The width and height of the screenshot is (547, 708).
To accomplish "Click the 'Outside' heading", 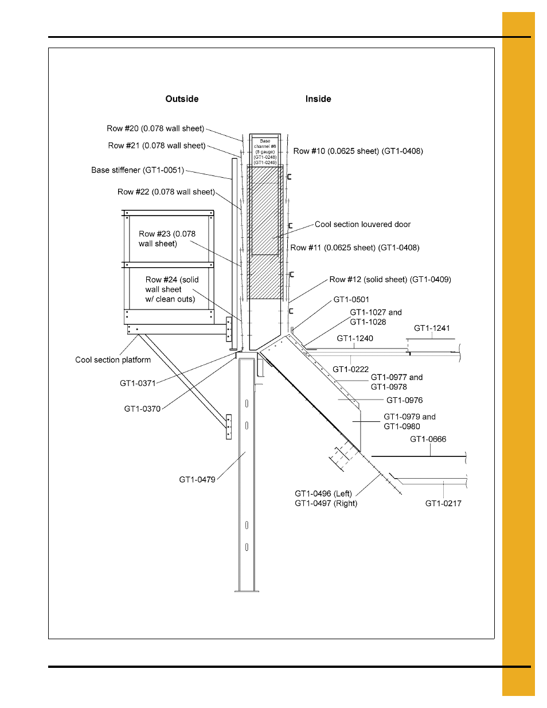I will [x=182, y=99].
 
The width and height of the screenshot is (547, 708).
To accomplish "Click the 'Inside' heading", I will [x=318, y=99].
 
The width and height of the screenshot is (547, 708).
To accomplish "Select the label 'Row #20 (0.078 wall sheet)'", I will [x=155, y=129].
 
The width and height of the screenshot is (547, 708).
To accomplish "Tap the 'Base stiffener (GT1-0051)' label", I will [x=138, y=170].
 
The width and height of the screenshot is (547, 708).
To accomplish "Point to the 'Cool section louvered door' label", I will [x=362, y=225].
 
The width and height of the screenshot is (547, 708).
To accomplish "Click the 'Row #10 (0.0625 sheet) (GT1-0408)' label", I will [x=358, y=151].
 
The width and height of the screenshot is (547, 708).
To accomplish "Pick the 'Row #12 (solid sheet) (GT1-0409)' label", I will [x=390, y=280].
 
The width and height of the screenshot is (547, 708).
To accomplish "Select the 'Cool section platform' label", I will [x=113, y=360].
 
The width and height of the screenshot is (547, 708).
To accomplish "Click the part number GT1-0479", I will [x=197, y=480].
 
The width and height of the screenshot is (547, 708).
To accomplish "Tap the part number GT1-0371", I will [x=138, y=384].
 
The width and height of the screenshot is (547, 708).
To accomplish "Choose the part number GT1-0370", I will [x=142, y=409].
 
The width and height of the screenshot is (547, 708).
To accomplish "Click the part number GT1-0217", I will [x=443, y=503].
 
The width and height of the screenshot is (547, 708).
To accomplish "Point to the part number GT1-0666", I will [x=428, y=440].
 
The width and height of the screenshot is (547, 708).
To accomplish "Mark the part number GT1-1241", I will [x=432, y=328].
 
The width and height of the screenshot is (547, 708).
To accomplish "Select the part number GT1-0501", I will [x=351, y=300].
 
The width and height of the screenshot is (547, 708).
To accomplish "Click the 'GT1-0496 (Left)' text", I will [x=323, y=494].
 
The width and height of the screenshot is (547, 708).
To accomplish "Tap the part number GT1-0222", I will [x=350, y=370].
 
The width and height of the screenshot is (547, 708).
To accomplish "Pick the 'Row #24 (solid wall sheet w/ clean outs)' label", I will [x=171, y=290].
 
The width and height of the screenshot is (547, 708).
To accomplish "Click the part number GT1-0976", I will [x=404, y=401].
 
